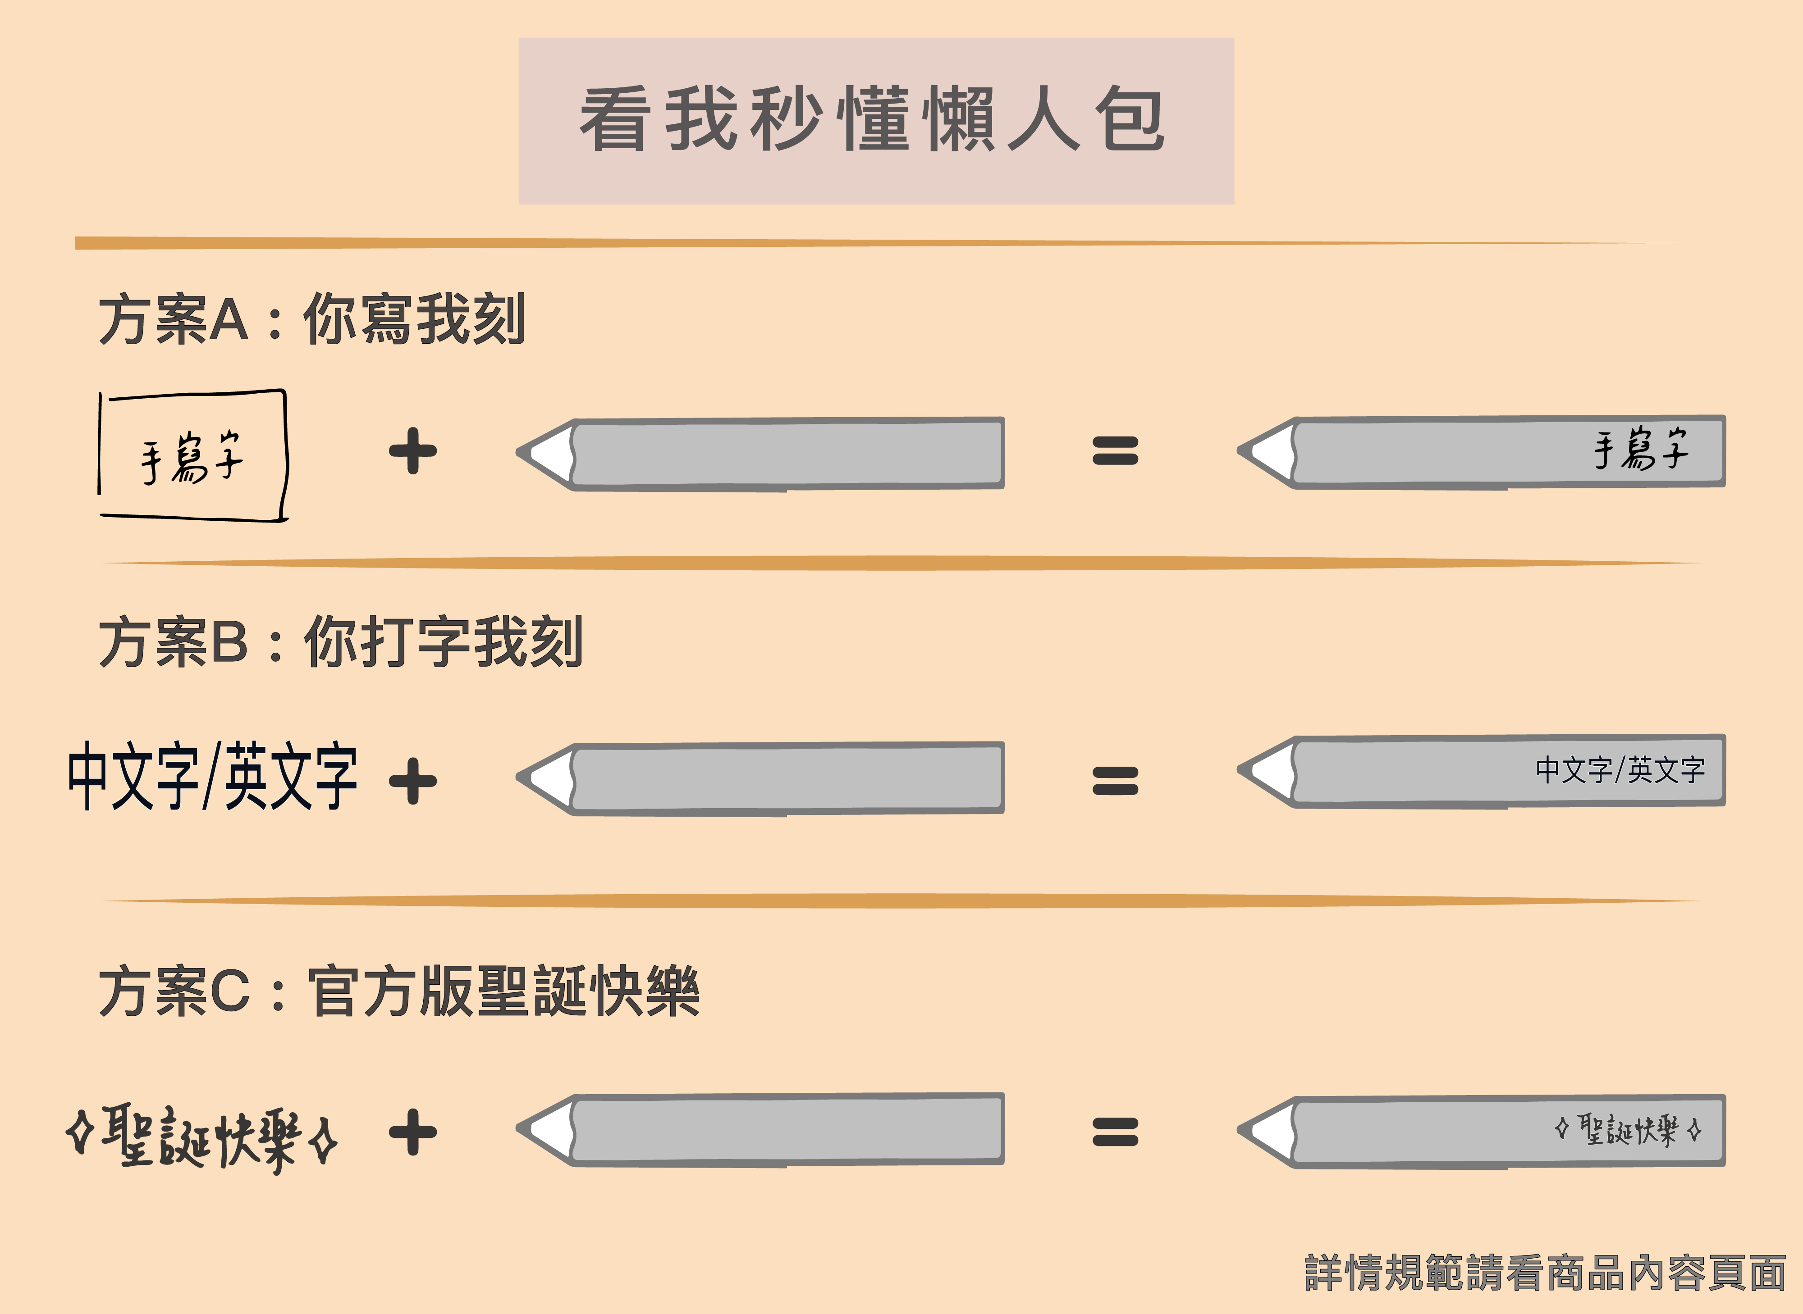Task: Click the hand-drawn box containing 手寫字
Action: [192, 456]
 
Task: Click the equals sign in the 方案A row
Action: [1115, 451]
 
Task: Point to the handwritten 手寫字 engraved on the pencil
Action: [1641, 450]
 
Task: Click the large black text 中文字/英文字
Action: [212, 776]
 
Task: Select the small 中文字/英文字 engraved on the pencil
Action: [1620, 770]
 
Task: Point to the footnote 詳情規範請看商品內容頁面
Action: [1544, 1273]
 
